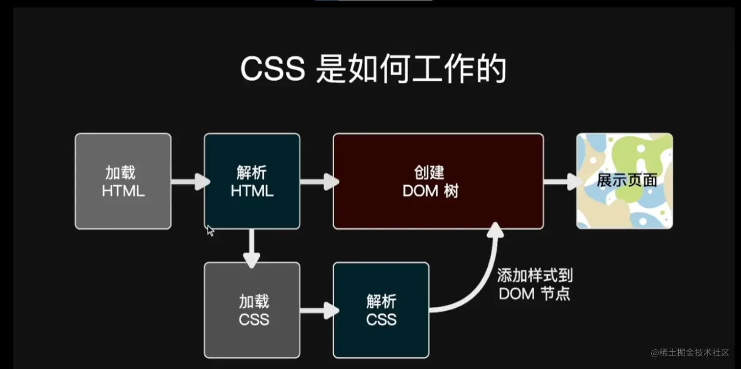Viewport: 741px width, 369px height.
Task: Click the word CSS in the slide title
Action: click(272, 70)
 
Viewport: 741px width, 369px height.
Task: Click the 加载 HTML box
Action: click(123, 181)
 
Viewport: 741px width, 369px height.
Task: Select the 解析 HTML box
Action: click(252, 181)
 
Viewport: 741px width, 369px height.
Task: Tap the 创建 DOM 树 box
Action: click(438, 181)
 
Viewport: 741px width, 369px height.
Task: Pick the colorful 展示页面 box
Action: click(625, 181)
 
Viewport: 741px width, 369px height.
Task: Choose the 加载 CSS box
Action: click(252, 310)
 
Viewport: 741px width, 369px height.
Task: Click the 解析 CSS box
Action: click(381, 310)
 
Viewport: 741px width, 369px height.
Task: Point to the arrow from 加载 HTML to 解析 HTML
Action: click(189, 182)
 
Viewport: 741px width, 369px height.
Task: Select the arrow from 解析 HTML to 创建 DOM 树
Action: click(319, 182)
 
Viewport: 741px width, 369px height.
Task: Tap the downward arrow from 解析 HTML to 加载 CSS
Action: click(251, 249)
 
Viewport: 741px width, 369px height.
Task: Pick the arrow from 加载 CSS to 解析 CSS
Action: click(319, 310)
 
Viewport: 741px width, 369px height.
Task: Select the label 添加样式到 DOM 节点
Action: click(535, 285)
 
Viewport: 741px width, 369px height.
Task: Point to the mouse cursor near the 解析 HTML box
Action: click(210, 230)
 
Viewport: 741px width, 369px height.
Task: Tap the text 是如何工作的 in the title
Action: click(411, 70)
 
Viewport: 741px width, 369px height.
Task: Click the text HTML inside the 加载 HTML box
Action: click(123, 191)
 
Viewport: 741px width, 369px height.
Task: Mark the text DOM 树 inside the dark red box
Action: click(430, 191)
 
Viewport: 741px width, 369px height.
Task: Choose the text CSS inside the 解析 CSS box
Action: click(381, 320)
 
